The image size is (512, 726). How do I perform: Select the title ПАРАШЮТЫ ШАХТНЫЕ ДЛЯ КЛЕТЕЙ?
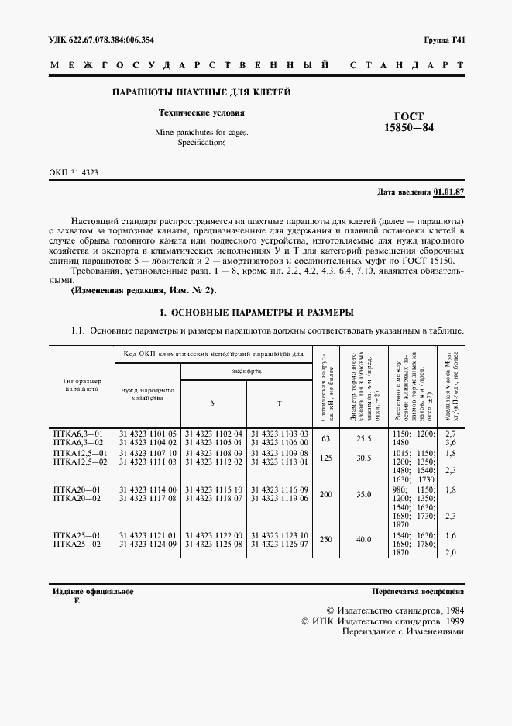(x=201, y=93)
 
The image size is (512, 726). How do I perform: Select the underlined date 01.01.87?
(x=448, y=191)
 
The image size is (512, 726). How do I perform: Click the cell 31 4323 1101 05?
(x=148, y=432)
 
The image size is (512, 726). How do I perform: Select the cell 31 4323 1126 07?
(x=280, y=544)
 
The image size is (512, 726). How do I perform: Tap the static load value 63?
(x=326, y=438)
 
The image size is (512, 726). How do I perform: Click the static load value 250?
(x=326, y=539)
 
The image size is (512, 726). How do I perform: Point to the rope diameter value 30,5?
(x=363, y=458)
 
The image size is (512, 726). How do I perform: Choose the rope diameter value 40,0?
(x=363, y=539)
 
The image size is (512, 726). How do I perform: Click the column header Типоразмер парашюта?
(x=76, y=385)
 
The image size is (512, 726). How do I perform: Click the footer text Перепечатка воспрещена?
(x=418, y=591)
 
